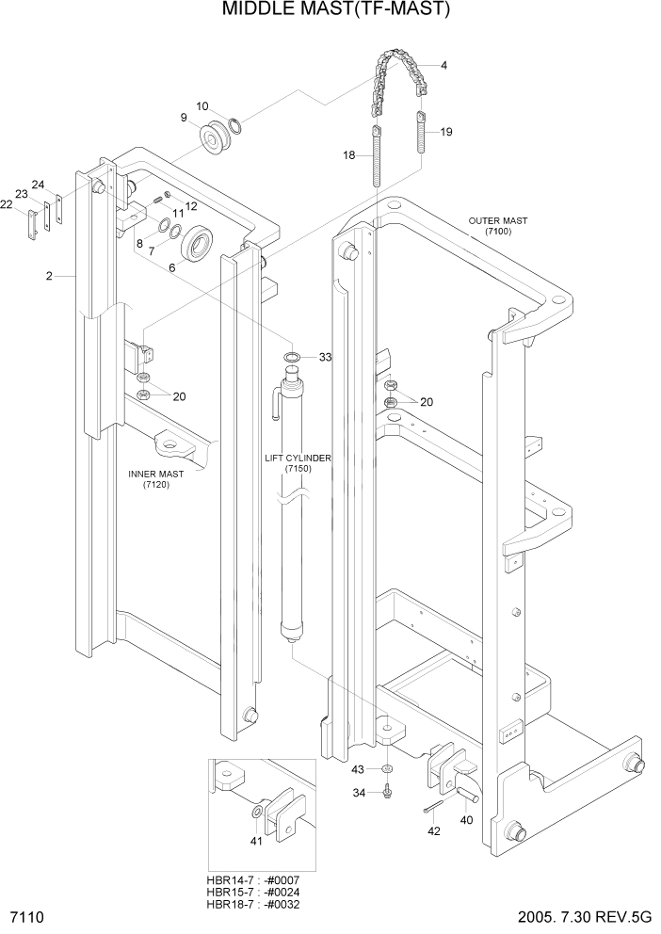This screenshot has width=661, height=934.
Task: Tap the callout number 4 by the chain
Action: pos(443,65)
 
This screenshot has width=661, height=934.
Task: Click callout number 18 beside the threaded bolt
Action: pos(348,155)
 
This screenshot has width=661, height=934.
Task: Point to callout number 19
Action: pos(445,132)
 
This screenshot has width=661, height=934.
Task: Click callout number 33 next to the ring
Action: pos(325,358)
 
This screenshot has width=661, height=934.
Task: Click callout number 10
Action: pos(203,105)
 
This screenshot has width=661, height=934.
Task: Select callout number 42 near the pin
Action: pos(434,831)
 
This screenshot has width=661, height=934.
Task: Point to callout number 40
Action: pos(466,820)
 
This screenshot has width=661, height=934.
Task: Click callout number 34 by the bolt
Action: pos(358,793)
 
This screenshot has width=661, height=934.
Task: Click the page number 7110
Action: pos(28,918)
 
